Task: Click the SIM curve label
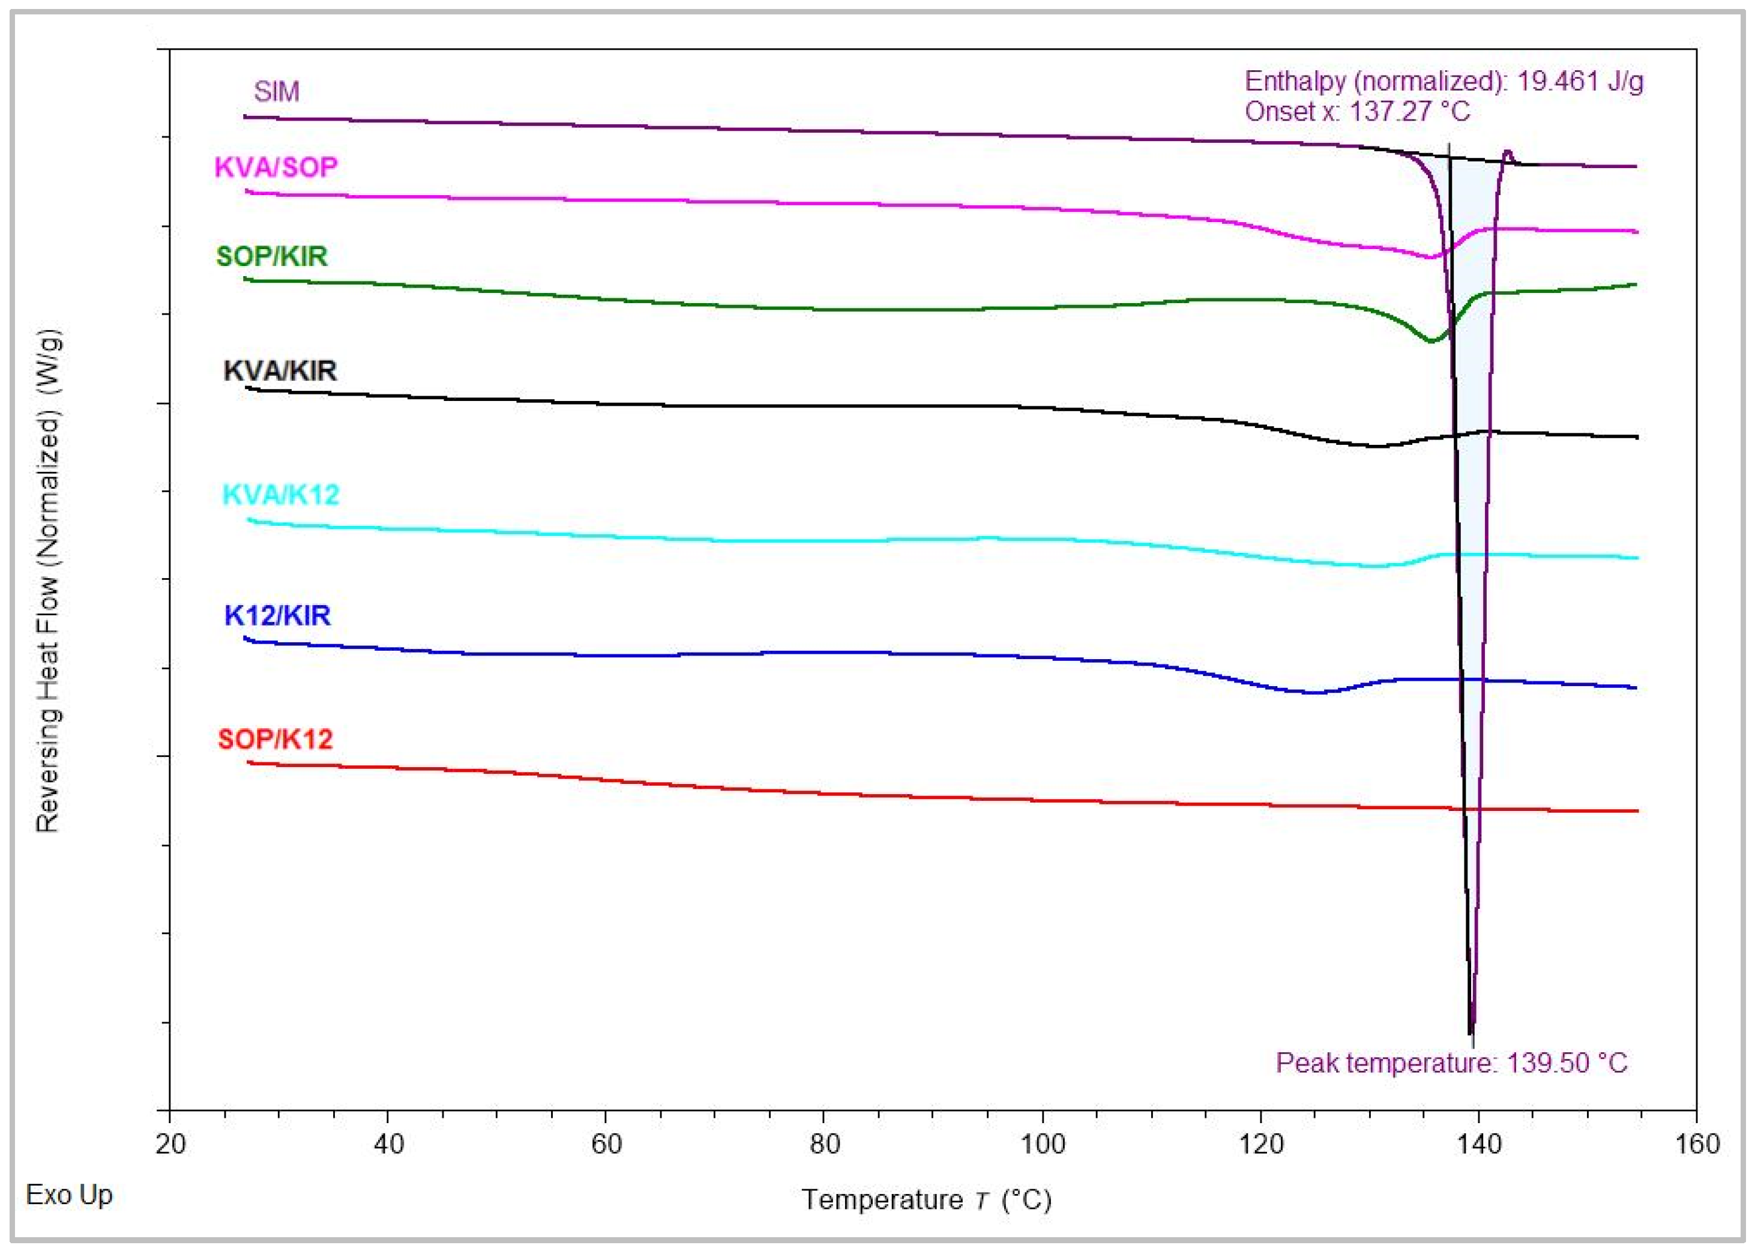coord(275,92)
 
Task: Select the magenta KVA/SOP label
coord(275,167)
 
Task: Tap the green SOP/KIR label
coord(272,256)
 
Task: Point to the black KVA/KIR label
coord(280,370)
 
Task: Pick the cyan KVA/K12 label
coord(280,495)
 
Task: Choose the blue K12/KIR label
coord(277,615)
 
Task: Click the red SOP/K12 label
coord(275,740)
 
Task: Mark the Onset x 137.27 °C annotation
coord(1357,112)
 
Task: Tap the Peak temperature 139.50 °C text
coord(1451,1063)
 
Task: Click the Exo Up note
coord(69,1195)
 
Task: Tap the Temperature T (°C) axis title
coord(926,1199)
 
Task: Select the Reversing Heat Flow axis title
coord(48,582)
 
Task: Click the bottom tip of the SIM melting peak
coord(1471,1033)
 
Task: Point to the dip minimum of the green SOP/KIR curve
coord(1431,340)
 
